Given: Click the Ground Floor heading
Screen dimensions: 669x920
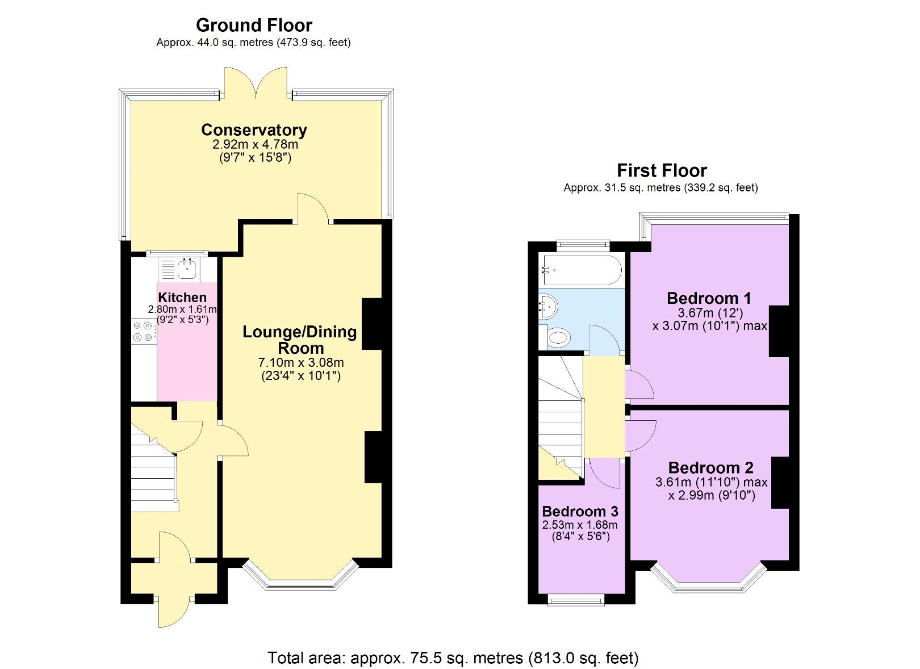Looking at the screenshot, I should coord(254,25).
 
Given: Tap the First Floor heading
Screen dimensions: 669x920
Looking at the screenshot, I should coord(662,170).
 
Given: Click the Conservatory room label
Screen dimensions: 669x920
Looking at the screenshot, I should coord(254,130).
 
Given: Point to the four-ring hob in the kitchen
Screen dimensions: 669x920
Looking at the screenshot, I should coord(143,332).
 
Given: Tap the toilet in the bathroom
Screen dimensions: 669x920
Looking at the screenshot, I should coord(557,338).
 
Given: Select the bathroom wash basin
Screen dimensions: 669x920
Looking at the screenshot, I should coord(548,307).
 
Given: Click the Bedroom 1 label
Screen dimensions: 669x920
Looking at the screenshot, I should coord(709,298).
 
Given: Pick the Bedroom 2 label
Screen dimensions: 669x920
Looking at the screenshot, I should coord(710,468).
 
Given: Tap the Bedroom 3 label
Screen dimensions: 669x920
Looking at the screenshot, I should coord(580,511).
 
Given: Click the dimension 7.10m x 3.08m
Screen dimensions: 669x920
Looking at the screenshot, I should coord(301,362).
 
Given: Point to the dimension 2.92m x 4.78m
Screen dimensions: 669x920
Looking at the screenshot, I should coord(254,144).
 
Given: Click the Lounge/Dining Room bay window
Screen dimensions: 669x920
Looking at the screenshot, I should coord(300,579).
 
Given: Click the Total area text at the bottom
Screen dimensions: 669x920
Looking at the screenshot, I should coord(453,658).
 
